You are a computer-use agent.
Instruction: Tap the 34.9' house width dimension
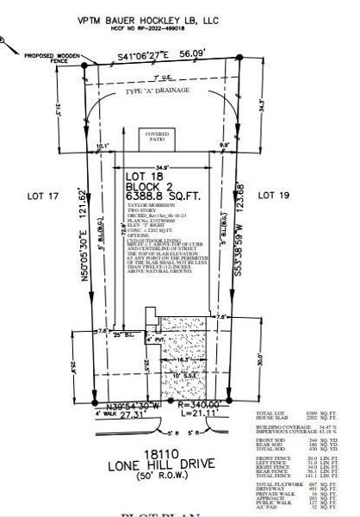161,165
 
